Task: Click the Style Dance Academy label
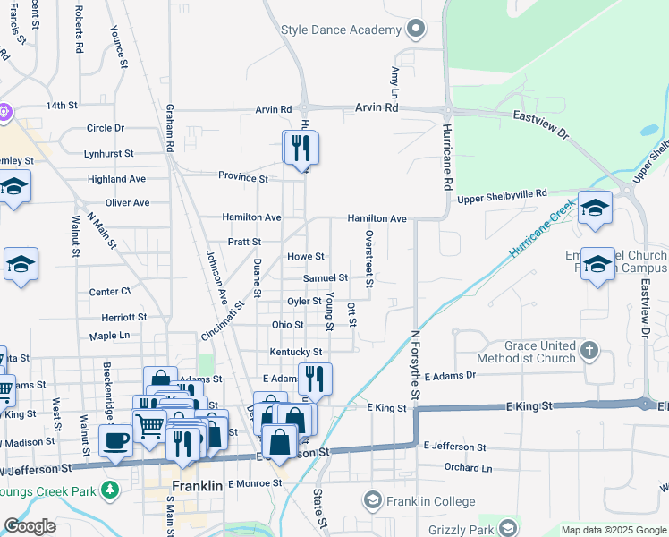tap(341, 30)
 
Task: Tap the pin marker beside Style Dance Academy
tap(414, 30)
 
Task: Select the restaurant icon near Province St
tap(301, 148)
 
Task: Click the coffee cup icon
tap(115, 441)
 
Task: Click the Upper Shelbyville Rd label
tap(502, 193)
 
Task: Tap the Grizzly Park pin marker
tap(508, 527)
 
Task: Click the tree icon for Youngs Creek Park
tap(109, 490)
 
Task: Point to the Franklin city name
tap(196, 486)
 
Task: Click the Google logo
tap(29, 526)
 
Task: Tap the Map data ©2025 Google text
tap(613, 530)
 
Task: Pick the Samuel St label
tap(325, 278)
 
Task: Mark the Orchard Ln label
tap(468, 468)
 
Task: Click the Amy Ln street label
tap(394, 81)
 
